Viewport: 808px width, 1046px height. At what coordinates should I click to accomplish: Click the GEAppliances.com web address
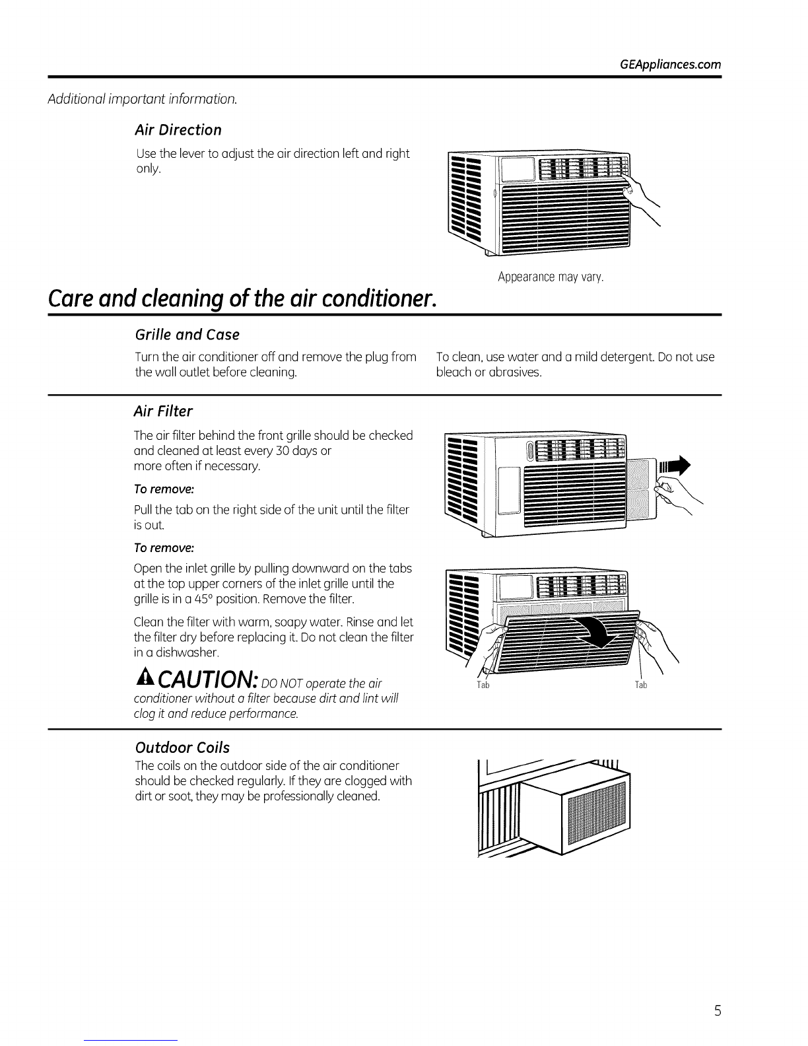(x=671, y=65)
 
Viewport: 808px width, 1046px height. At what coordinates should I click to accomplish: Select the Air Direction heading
(x=178, y=129)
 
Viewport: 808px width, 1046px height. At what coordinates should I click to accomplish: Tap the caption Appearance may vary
(x=551, y=277)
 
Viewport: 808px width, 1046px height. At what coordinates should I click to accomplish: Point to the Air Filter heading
(x=163, y=412)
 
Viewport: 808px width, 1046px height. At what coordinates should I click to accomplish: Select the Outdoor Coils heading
(x=182, y=748)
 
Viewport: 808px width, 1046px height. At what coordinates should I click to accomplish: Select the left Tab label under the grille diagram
(x=482, y=685)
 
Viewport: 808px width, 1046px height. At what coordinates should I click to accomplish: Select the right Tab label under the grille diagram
(x=641, y=685)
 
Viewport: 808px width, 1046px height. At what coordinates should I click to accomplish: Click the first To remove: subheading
(x=164, y=489)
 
